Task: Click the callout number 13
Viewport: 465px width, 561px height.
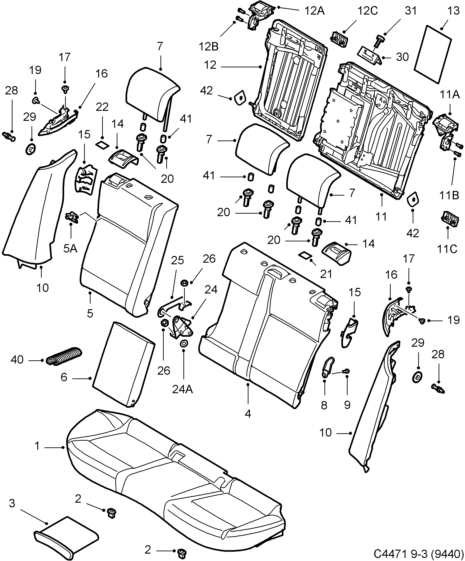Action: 453,11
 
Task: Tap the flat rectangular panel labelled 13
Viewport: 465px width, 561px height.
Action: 433,53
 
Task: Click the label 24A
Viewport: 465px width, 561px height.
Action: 182,390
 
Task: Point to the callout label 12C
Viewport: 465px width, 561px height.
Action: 368,11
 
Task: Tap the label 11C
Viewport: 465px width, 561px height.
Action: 447,249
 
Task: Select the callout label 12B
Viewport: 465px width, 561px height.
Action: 209,47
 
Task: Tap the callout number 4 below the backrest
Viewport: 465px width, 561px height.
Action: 248,414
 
